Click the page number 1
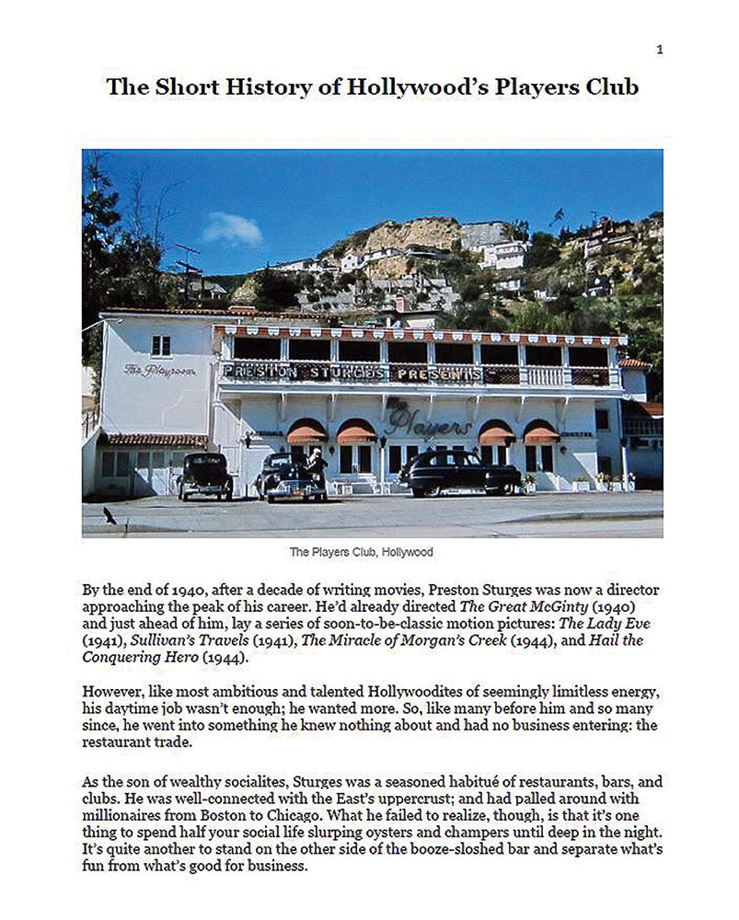pyautogui.click(x=660, y=50)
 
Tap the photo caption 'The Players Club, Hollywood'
pyautogui.click(x=361, y=552)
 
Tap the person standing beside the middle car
pyautogui.click(x=316, y=466)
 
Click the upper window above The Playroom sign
pyautogui.click(x=161, y=344)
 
